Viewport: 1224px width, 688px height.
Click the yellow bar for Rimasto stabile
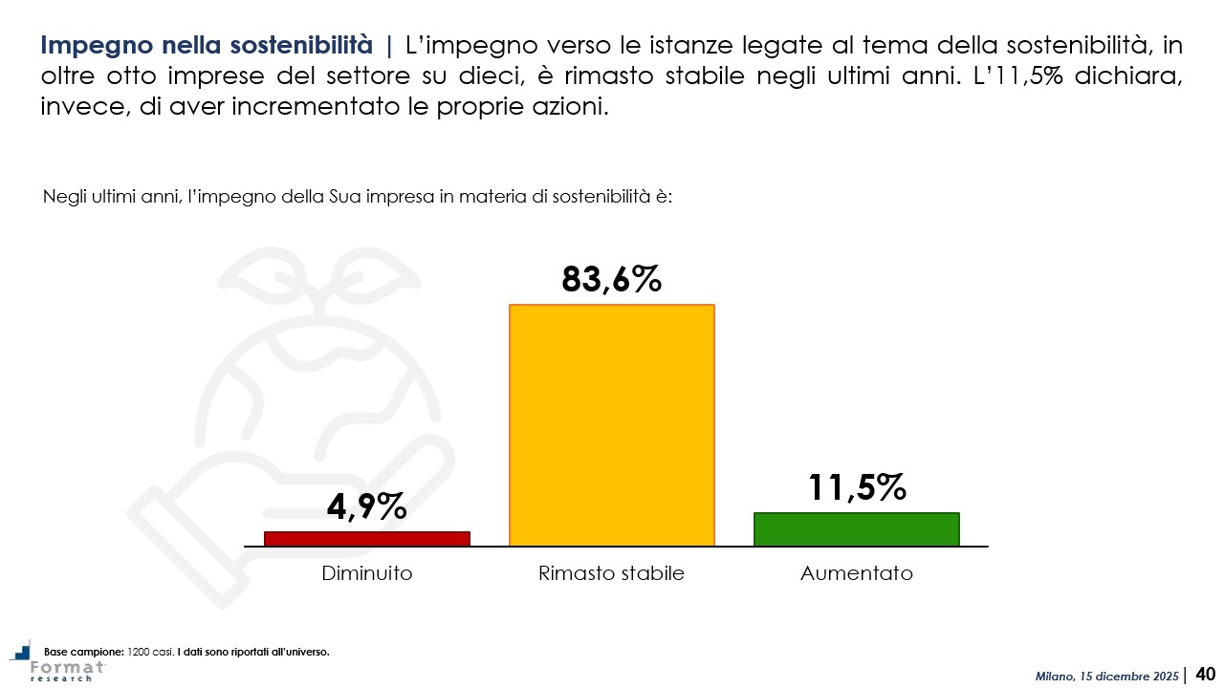[612, 425]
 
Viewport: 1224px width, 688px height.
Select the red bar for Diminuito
[367, 539]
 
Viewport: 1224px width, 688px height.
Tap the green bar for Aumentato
[856, 529]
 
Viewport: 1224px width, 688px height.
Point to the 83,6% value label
[612, 279]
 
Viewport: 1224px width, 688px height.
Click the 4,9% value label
[367, 506]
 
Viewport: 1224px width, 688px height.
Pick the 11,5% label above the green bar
[856, 487]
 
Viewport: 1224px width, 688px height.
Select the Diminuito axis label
[367, 573]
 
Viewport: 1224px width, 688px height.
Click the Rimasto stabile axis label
[612, 573]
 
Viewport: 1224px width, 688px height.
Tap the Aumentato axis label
[856, 573]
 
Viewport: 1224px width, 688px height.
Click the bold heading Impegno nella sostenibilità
[207, 45]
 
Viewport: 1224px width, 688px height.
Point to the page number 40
[1205, 675]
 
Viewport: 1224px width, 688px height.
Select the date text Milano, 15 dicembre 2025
[1107, 677]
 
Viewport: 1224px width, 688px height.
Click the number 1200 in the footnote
[140, 652]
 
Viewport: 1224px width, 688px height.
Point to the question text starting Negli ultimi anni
[359, 197]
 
